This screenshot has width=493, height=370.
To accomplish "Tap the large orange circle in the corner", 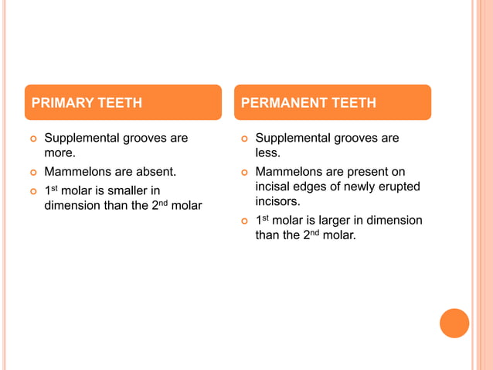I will click(454, 324).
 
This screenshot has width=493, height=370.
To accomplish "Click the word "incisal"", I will click(276, 187).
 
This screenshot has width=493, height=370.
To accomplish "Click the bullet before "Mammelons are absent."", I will click(32, 172).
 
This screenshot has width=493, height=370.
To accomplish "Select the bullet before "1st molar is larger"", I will click(243, 221).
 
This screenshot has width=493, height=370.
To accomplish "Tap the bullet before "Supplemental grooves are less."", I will click(243, 139).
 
